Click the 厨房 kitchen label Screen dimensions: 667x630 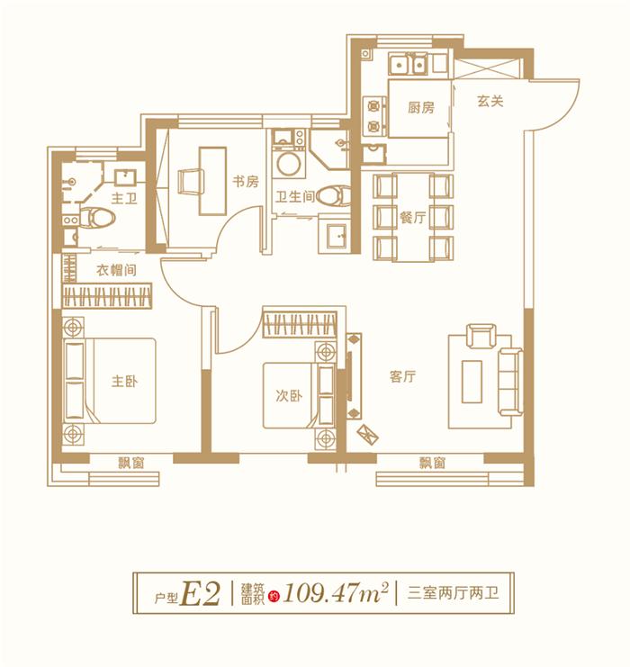click(420, 107)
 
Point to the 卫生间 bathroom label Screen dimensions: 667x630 click(295, 196)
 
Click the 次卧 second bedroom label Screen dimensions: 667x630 click(287, 396)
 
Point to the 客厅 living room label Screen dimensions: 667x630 click(402, 378)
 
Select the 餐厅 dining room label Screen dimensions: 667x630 click(412, 217)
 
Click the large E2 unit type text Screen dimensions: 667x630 click(201, 593)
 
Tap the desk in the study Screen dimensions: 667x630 click(212, 180)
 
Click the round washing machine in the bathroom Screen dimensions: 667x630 click(291, 166)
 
